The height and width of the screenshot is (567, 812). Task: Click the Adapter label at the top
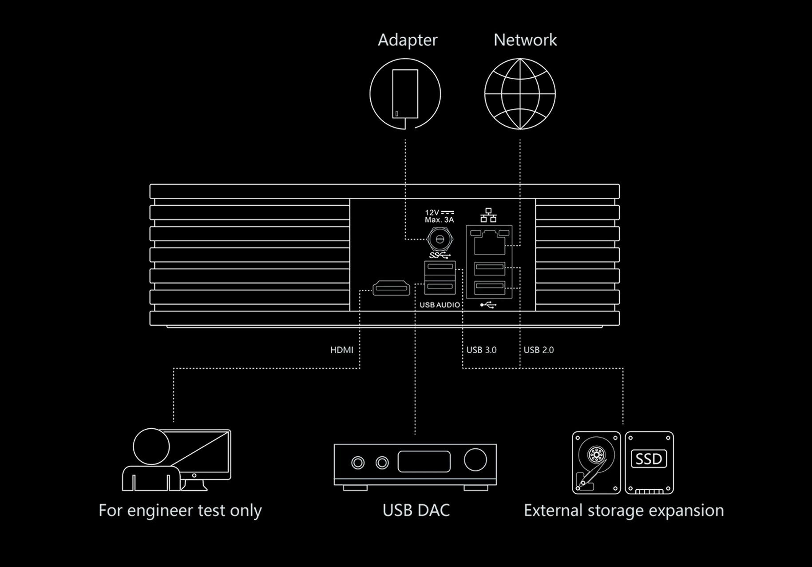408,40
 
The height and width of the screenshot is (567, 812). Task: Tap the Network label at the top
525,40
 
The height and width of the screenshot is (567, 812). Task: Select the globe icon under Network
520,94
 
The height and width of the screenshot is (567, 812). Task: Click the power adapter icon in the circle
405,94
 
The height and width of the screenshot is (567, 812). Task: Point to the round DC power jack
440,240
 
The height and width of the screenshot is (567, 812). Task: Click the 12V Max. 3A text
439,216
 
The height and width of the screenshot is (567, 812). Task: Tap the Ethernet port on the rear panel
489,242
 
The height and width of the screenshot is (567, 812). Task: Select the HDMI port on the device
391,288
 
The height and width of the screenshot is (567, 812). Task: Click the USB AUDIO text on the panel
440,305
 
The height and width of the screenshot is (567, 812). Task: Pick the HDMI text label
341,350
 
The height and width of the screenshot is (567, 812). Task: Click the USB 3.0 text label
481,350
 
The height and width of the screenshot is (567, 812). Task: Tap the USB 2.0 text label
539,350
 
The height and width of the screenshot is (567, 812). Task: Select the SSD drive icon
649,463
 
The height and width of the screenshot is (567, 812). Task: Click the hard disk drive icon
596,463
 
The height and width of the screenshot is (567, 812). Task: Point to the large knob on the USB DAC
475,459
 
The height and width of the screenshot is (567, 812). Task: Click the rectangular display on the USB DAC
424,461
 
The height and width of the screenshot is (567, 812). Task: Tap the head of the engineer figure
151,447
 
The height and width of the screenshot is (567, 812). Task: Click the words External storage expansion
624,511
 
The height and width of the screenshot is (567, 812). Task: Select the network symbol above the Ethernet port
488,216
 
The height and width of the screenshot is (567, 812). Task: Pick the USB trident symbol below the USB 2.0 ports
488,305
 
